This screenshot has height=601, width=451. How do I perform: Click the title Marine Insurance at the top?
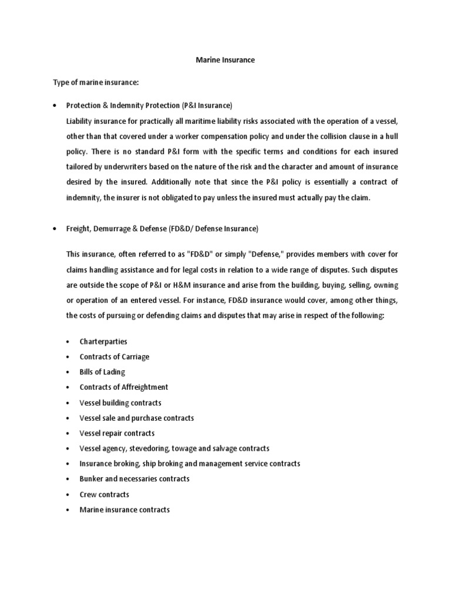tap(225, 60)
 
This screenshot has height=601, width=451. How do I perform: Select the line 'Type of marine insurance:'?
tap(96, 83)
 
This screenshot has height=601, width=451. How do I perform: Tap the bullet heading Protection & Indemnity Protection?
tap(149, 106)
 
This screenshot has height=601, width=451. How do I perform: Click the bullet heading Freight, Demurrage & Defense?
tap(162, 228)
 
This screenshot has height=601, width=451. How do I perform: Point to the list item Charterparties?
tap(103, 342)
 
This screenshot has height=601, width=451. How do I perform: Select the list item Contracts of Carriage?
tap(115, 357)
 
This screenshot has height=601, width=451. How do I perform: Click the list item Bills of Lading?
tap(102, 372)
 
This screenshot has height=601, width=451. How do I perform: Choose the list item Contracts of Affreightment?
tap(124, 387)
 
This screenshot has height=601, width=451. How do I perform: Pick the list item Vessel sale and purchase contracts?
tap(137, 418)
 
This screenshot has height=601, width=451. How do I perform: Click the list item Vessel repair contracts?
tap(117, 433)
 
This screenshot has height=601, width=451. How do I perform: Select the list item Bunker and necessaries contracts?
tap(134, 479)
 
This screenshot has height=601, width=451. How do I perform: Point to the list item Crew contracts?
tap(105, 494)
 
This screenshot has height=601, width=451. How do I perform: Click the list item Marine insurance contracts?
tap(124, 509)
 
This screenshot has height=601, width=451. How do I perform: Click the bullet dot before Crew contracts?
tap(69, 495)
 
